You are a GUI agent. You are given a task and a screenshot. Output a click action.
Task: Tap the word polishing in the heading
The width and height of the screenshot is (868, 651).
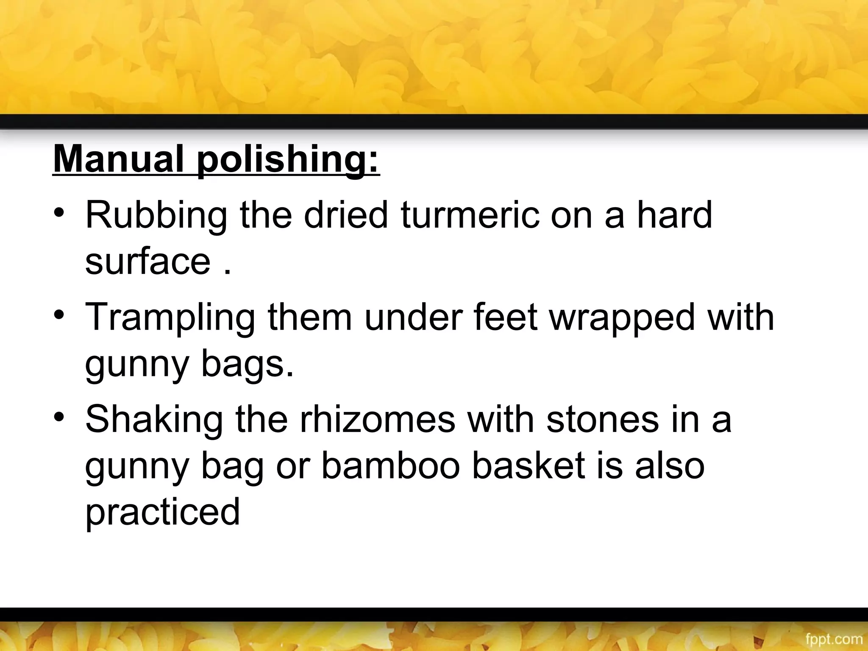click(x=288, y=160)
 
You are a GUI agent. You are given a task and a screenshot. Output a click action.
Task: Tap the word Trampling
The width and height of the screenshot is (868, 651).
click(x=170, y=318)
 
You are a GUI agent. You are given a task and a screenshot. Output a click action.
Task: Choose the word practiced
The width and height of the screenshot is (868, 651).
click(x=163, y=512)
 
